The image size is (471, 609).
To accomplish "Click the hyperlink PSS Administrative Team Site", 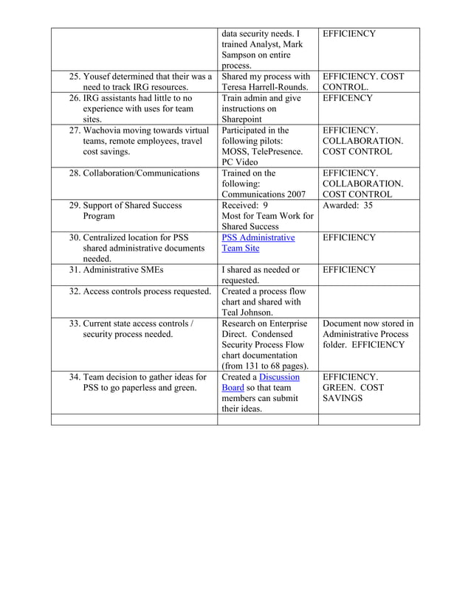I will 258,243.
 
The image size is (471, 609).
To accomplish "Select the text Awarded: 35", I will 348,205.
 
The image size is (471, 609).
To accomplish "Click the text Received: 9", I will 244,205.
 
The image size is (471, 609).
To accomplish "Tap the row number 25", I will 75,76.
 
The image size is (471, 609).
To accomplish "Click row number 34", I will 75,377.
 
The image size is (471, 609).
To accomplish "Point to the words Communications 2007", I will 264,194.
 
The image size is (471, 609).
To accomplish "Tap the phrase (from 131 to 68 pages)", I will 264,366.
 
